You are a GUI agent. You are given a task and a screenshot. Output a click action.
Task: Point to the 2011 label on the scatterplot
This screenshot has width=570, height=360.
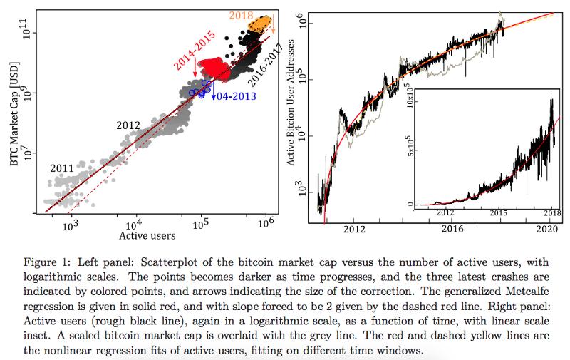pyautogui.click(x=63, y=168)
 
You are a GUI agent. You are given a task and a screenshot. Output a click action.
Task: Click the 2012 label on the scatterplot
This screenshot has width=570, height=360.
pyautogui.click(x=128, y=125)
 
